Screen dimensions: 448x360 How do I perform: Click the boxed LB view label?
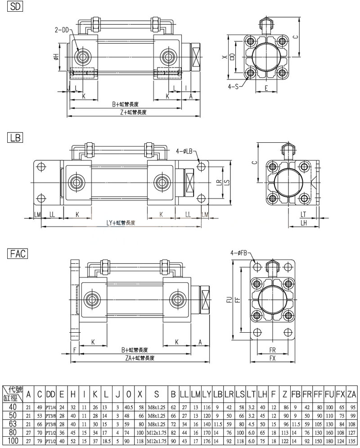14,137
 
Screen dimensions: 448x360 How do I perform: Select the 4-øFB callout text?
239,253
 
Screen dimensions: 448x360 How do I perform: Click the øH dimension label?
56,56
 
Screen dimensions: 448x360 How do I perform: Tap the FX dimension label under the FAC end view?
272,358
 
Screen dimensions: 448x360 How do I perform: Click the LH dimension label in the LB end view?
304,222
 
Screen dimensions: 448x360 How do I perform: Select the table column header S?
156,394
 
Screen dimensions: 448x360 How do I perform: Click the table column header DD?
50,394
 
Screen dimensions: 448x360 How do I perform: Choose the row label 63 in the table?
13,424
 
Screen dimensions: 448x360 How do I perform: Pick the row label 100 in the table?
13,440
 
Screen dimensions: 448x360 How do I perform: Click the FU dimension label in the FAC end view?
229,299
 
